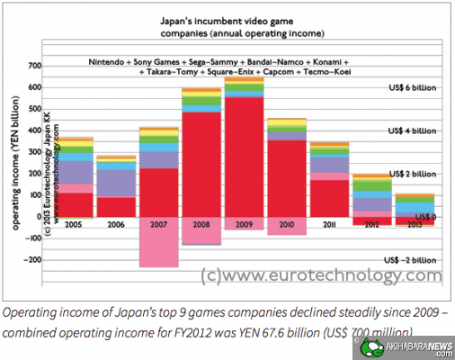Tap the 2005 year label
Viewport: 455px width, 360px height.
tap(75, 223)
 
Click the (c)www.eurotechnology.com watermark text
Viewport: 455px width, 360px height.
tap(320, 275)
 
